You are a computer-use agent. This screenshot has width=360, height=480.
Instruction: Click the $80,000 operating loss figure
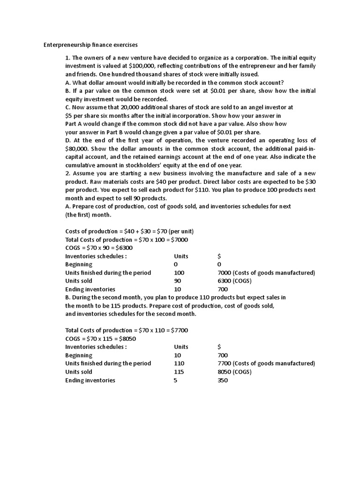[78, 148]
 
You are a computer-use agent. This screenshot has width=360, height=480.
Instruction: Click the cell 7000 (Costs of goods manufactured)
[266, 272]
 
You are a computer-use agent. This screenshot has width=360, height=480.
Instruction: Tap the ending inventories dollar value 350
[223, 380]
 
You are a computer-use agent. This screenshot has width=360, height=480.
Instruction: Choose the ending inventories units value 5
[175, 380]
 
